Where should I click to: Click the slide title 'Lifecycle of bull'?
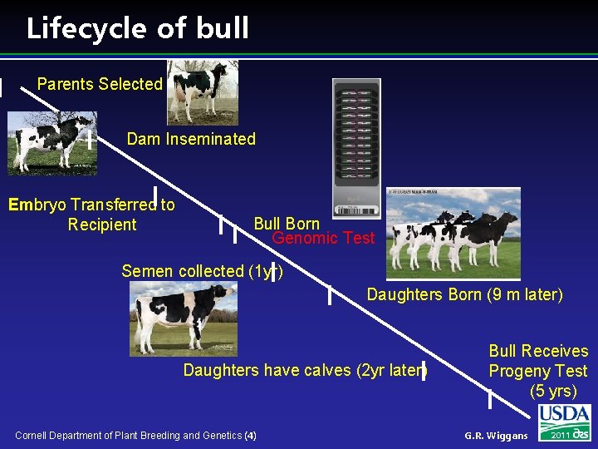click(137, 28)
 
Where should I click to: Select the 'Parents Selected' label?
click(100, 84)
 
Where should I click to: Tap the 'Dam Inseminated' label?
click(191, 139)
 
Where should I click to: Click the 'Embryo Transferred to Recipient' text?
click(91, 215)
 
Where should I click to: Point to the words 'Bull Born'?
click(287, 224)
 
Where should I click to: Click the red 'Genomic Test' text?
click(324, 239)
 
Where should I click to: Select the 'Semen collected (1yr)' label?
click(202, 271)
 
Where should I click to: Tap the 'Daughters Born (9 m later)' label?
click(464, 294)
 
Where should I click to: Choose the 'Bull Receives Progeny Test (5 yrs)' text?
click(537, 371)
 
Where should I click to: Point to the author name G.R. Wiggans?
click(496, 436)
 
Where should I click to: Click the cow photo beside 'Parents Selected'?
click(202, 91)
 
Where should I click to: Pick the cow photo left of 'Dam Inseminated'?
click(51, 143)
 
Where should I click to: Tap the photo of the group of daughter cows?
click(453, 233)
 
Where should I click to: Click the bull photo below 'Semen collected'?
click(182, 318)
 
